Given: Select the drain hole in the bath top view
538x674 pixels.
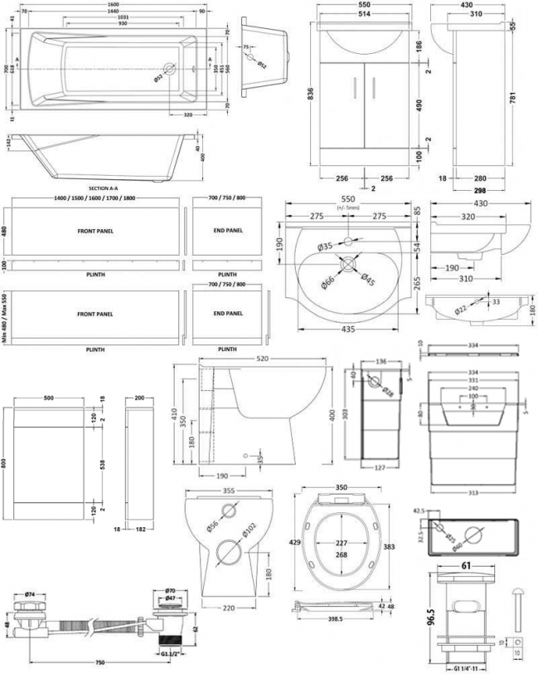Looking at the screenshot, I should click(168, 70).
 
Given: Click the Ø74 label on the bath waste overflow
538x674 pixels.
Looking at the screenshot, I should click(31, 593).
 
